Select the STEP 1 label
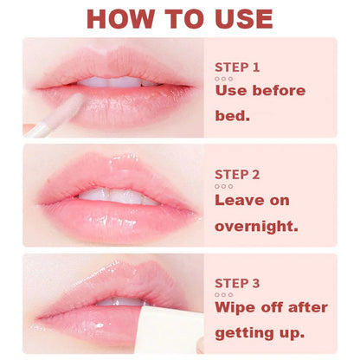(x=237, y=67)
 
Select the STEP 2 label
(x=237, y=173)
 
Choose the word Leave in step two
(x=240, y=199)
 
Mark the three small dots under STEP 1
(x=223, y=79)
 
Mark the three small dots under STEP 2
(x=223, y=185)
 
